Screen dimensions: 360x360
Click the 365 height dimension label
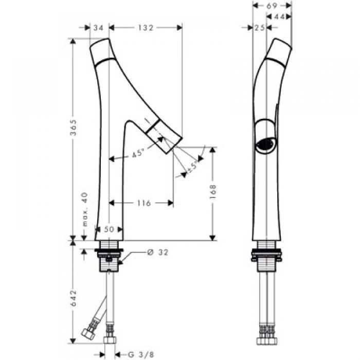[x=74, y=128]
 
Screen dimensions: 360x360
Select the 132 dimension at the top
[x=146, y=28]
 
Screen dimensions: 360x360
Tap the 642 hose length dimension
[x=74, y=298]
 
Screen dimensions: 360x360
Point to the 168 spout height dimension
[x=213, y=191]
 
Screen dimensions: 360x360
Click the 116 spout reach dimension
[x=144, y=203]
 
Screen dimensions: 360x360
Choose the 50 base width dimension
[x=109, y=229]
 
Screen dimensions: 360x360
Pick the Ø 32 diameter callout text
[x=158, y=253]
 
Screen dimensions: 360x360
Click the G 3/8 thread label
[x=141, y=354]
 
